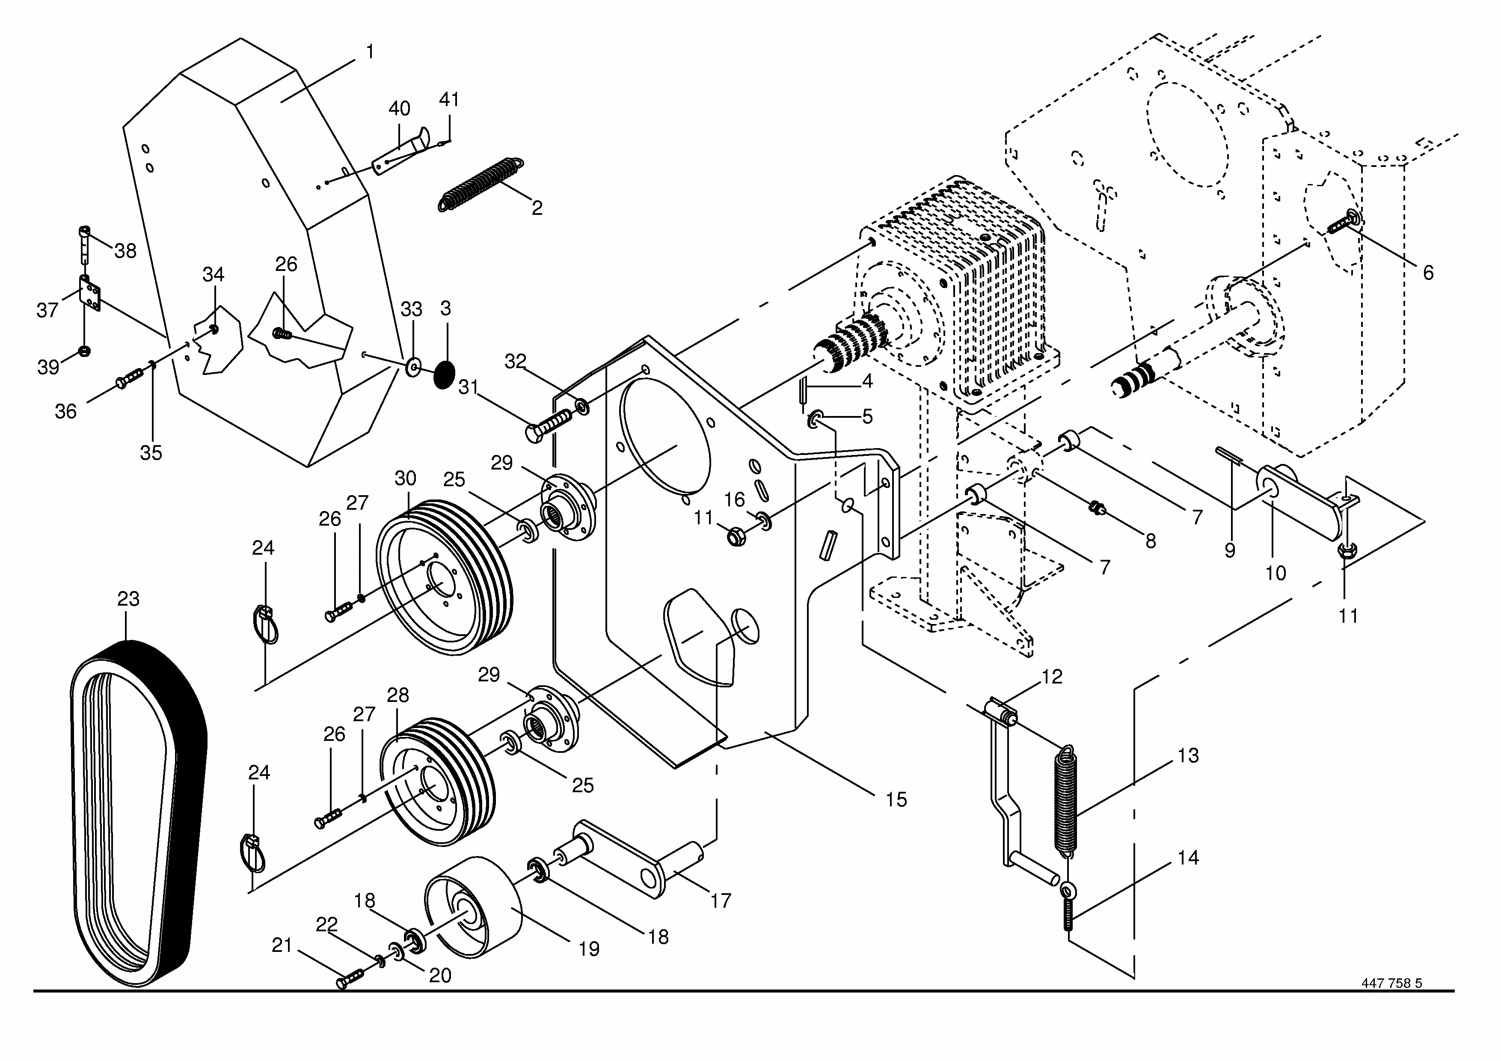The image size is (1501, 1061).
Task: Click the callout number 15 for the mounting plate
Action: click(x=896, y=799)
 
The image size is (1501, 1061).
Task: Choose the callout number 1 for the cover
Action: click(x=370, y=51)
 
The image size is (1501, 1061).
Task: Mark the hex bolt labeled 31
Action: click(x=548, y=425)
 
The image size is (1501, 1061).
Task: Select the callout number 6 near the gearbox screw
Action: click(x=1428, y=273)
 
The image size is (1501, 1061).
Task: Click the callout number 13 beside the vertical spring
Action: click(x=1189, y=756)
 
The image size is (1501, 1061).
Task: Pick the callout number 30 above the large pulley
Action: click(x=405, y=478)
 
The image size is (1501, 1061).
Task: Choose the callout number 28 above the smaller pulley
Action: click(x=397, y=695)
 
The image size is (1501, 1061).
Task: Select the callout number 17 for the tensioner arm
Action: click(x=721, y=901)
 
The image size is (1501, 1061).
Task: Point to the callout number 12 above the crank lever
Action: click(x=1052, y=677)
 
